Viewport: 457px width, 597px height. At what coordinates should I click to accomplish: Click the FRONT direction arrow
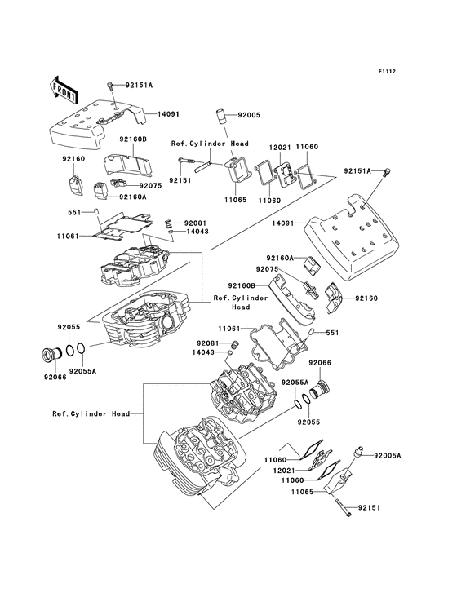pos(63,91)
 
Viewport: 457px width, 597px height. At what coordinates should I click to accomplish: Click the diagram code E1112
pos(387,71)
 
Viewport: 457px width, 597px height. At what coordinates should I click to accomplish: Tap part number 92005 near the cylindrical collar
pos(249,115)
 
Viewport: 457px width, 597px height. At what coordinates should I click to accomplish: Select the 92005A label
pos(388,455)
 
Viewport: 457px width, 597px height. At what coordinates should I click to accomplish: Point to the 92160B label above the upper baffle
pos(133,139)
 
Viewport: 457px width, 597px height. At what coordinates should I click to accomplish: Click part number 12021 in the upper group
pos(280,147)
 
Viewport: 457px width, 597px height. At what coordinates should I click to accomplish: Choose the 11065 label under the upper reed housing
pos(235,200)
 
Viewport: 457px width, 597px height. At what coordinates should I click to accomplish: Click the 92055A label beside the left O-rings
pos(82,370)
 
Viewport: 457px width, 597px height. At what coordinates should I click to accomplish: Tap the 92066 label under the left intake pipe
pos(55,377)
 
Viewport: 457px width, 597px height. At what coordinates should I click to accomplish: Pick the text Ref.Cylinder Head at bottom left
pos(91,413)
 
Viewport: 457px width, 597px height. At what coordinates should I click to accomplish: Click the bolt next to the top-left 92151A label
pos(110,86)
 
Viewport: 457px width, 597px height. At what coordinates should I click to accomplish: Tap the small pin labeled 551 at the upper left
pos(97,211)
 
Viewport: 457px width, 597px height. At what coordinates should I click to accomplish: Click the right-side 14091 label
pos(282,223)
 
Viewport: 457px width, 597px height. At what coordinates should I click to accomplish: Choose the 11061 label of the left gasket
pos(68,236)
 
